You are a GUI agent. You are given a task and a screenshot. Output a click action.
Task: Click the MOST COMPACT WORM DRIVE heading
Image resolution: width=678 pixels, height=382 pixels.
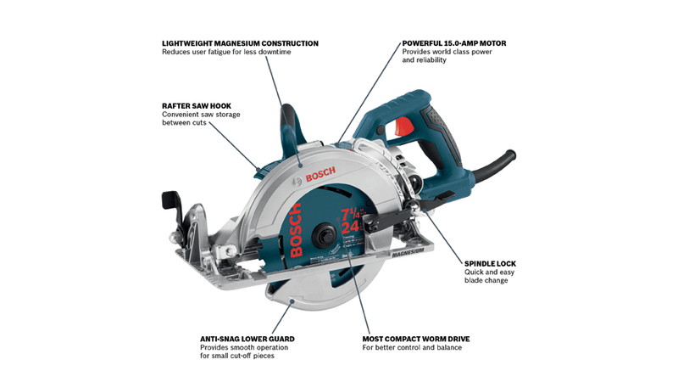[x=416, y=339]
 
